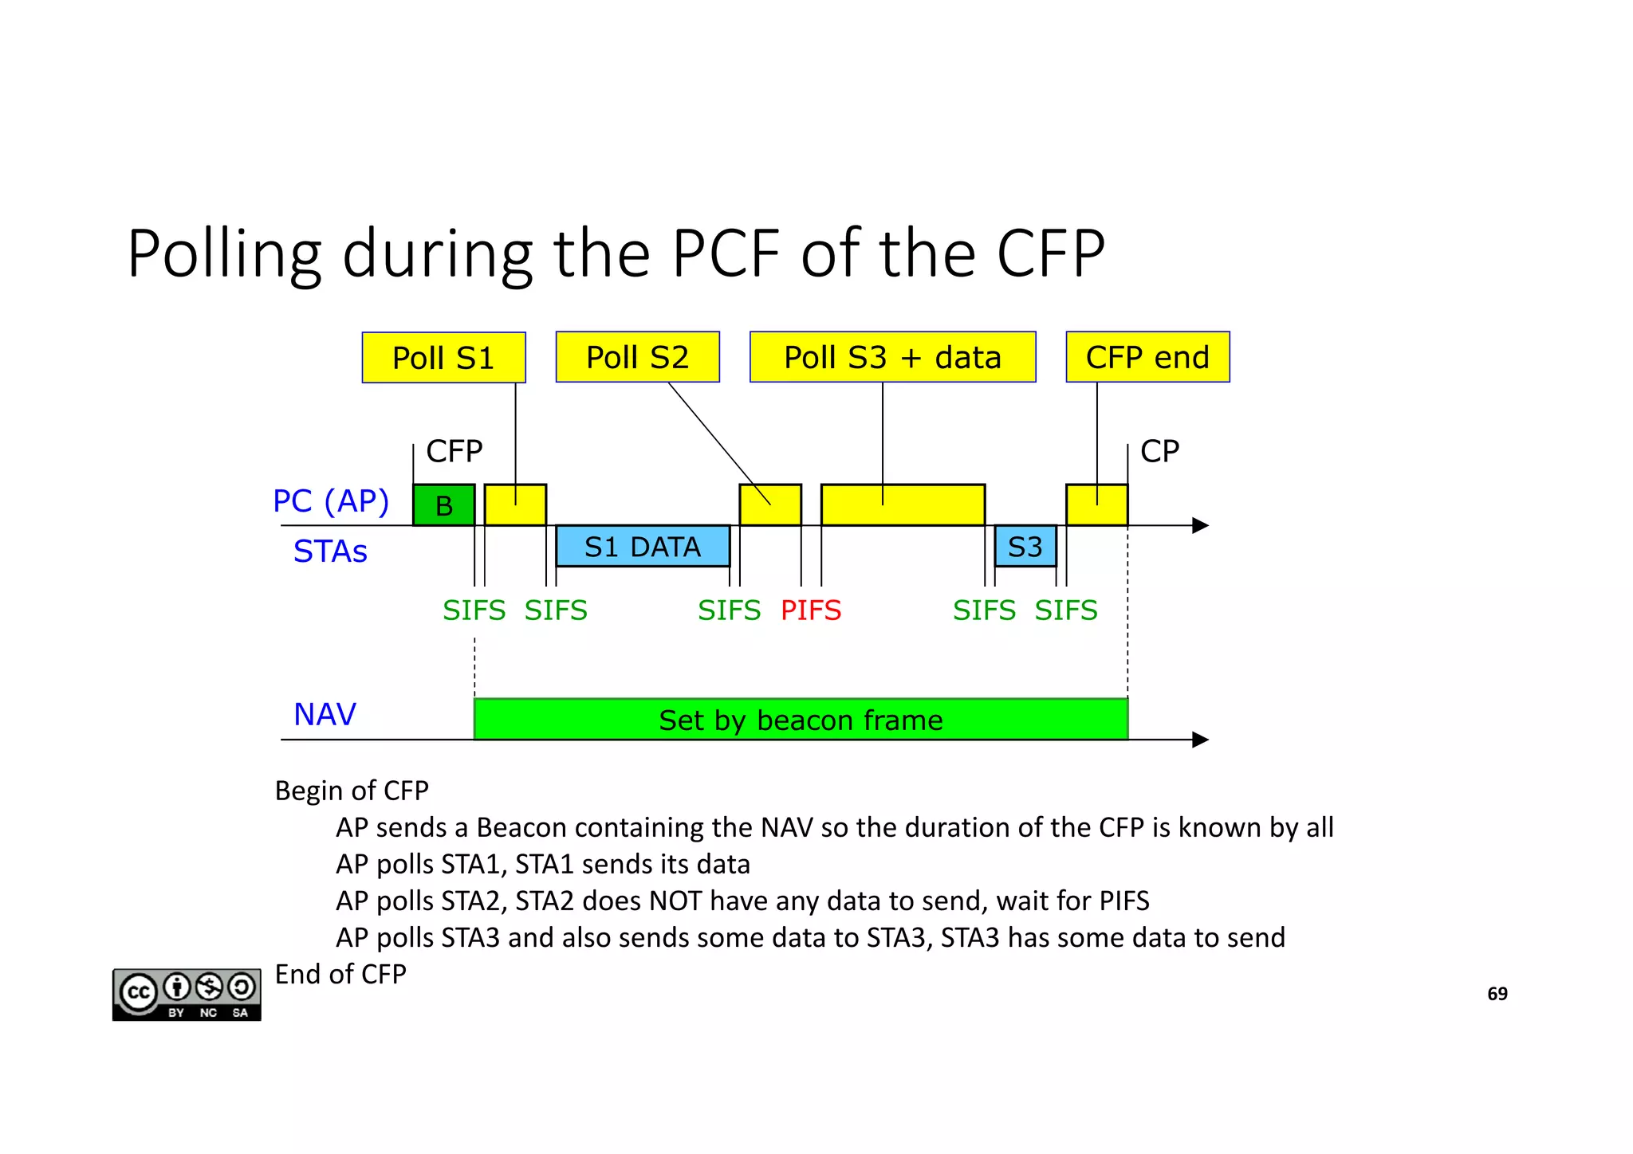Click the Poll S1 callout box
pos(443,358)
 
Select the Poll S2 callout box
pos(637,357)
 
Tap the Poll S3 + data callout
pos(892,357)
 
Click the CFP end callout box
pos(1147,357)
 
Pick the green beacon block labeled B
pos(443,505)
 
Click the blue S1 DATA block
pos(643,547)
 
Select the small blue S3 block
pos(1025,547)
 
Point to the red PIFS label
pos(811,610)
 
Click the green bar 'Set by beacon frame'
pos(801,720)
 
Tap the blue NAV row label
pos(325,714)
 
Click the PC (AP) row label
pos(331,501)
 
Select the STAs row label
pos(330,551)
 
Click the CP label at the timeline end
pos(1159,452)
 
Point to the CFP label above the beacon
pos(454,452)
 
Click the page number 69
pos(1497,994)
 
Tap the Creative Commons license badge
pos(187,994)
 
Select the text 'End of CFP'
pos(340,974)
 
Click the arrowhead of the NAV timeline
pos(1200,740)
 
